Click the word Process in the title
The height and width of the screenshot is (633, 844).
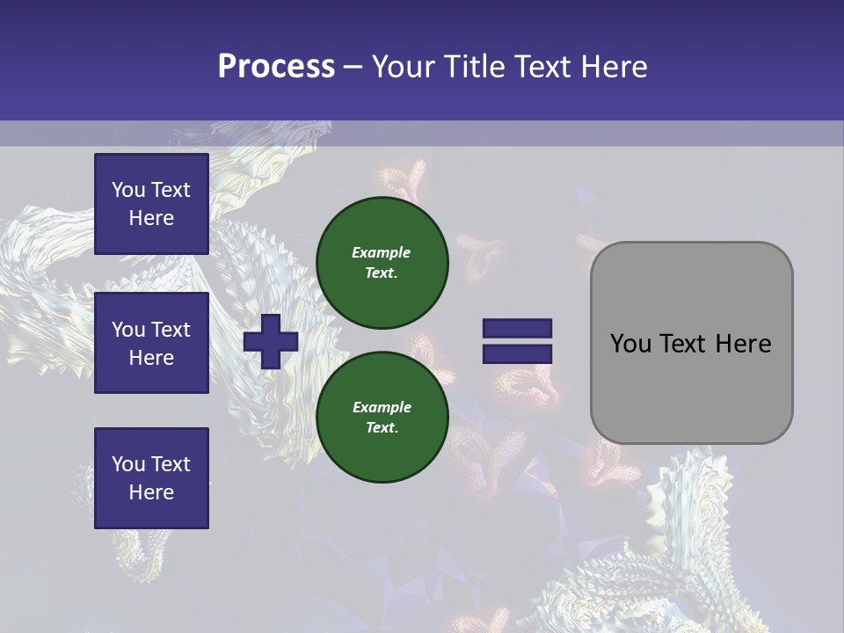[276, 67]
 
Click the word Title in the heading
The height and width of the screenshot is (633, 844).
[472, 67]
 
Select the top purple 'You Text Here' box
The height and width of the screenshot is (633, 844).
[151, 204]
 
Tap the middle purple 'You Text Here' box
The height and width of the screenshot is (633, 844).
[151, 343]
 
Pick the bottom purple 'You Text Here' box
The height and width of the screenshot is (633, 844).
[151, 477]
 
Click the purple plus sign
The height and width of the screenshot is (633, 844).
[271, 341]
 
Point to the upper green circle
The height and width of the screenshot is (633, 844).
[382, 262]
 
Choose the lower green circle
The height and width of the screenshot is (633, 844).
[382, 417]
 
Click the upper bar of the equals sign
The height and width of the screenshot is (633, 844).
[517, 328]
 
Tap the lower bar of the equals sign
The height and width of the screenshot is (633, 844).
[517, 353]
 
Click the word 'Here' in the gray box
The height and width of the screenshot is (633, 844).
[743, 344]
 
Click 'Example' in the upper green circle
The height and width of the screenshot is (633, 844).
[381, 252]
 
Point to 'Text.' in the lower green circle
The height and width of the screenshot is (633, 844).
[382, 428]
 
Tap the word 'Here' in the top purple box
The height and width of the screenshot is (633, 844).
[151, 218]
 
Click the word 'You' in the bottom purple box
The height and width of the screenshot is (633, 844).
[128, 464]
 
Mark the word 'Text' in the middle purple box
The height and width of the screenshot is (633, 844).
[171, 330]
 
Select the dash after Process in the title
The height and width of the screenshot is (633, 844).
[353, 68]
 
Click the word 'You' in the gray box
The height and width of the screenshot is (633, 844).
[630, 344]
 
